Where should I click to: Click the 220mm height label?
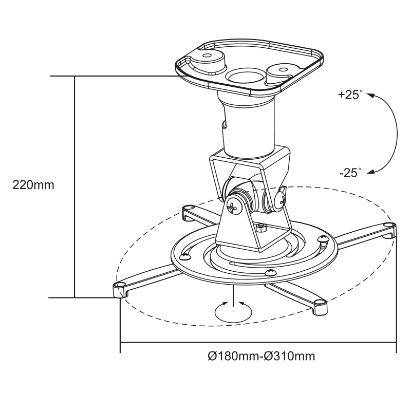[x=33, y=185]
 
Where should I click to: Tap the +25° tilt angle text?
[x=350, y=95]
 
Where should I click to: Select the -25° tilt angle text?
[x=350, y=173]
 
